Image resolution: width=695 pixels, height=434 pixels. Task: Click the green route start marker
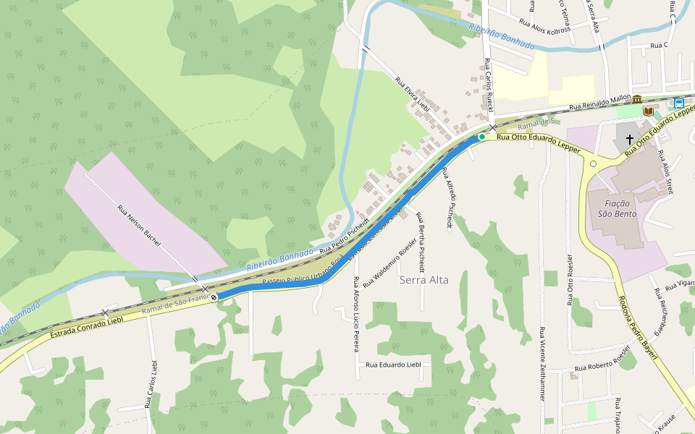[x=482, y=136]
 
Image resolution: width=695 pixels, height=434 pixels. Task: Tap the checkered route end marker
[x=214, y=297]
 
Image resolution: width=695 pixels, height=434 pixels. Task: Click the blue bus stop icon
[x=678, y=103]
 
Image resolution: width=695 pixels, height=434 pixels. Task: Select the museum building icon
[x=637, y=99]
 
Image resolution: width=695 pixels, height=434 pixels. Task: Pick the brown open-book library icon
[x=648, y=111]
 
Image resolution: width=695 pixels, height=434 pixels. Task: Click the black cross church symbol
[x=630, y=139]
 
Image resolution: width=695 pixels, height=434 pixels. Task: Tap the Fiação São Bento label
[x=612, y=208]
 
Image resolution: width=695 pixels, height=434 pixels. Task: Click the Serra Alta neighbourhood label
[x=424, y=280]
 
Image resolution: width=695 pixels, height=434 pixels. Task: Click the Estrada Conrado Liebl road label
[x=87, y=328]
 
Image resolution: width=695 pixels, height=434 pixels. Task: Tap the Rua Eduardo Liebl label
[x=394, y=365]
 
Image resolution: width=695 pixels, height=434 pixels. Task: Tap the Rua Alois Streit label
[x=665, y=172]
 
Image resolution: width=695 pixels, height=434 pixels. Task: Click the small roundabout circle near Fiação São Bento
[x=594, y=164]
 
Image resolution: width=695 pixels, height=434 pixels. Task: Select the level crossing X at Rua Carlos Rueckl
[x=493, y=127]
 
